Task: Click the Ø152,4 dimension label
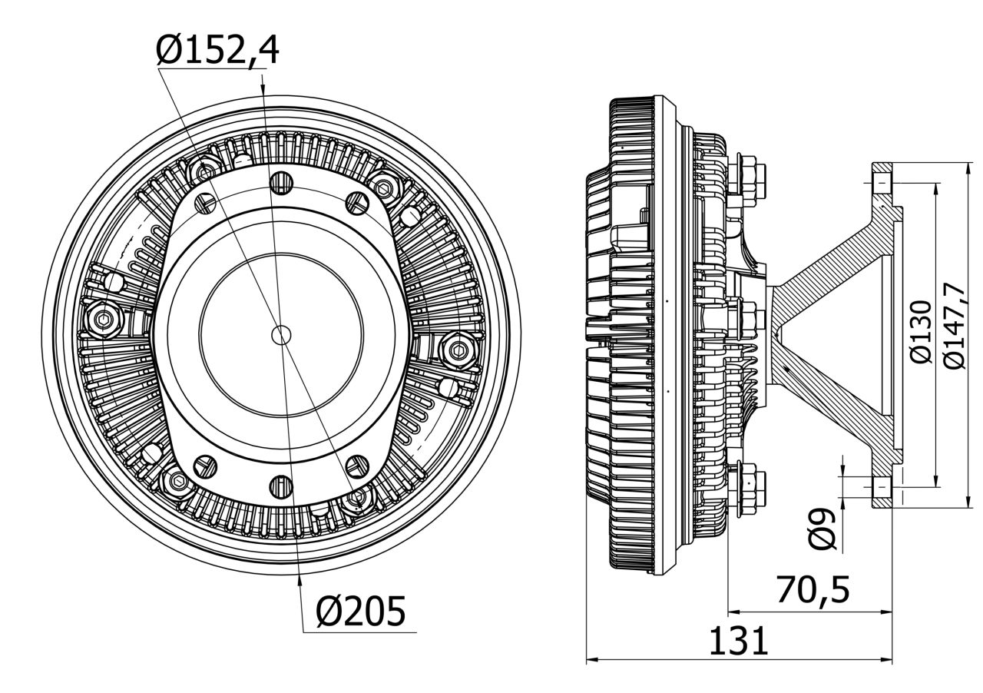pos(217,51)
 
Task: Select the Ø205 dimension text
pos(360,612)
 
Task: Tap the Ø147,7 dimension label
pos(955,326)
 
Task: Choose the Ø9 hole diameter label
pos(822,529)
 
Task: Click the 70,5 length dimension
pos(813,591)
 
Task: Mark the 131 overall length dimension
pos(737,642)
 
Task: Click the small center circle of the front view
pos(282,334)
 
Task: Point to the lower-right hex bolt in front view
pos(356,499)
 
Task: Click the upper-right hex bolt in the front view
pos(382,185)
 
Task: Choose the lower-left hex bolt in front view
pos(178,482)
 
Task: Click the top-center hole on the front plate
pos(282,182)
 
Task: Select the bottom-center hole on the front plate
pos(282,486)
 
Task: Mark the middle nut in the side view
pos(747,316)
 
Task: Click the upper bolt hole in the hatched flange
pos(881,184)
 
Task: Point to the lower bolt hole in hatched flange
pos(881,486)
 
